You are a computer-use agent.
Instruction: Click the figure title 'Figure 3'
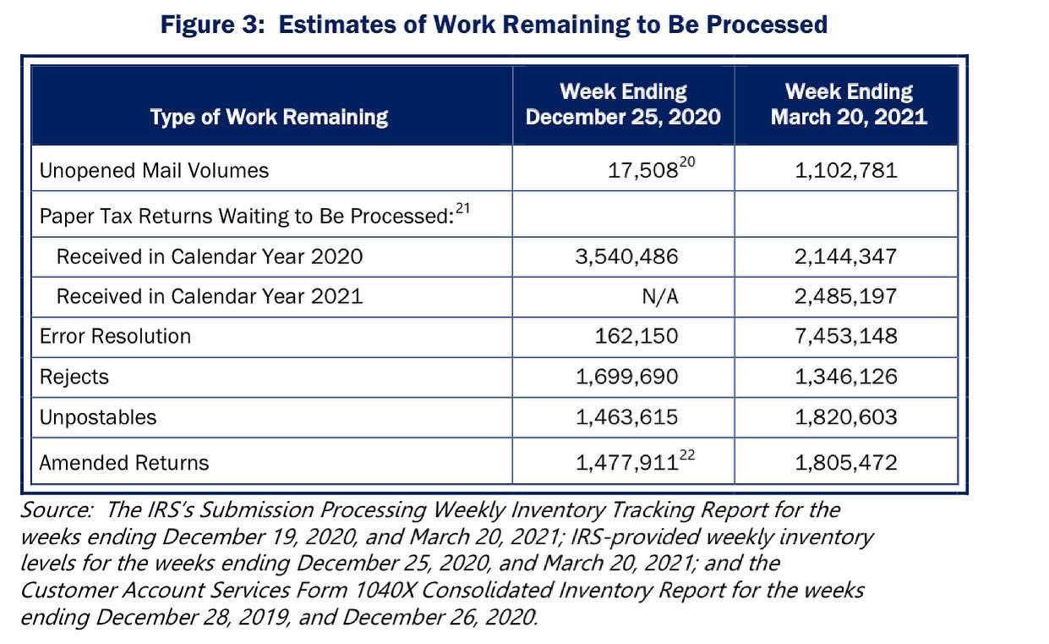coord(213,25)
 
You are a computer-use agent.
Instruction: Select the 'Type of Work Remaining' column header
coord(270,117)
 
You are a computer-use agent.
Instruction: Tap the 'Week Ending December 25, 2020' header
coord(623,104)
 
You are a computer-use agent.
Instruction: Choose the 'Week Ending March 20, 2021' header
coord(849,104)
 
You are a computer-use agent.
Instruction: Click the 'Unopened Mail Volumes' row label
coord(154,170)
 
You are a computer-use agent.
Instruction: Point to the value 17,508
coord(642,171)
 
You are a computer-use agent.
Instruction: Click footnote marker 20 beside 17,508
coord(687,162)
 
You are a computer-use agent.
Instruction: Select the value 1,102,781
coord(846,170)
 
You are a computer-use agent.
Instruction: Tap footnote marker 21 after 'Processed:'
coord(462,207)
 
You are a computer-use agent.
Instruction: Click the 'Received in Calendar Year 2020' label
coord(210,256)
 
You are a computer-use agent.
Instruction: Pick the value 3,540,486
coord(626,256)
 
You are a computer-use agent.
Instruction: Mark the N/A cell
coord(660,296)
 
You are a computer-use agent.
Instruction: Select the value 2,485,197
coord(845,296)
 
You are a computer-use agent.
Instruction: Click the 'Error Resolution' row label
coord(115,336)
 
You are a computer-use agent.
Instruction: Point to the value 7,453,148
coord(846,336)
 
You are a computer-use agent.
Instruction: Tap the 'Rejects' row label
coord(74,377)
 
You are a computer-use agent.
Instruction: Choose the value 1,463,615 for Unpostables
coord(626,417)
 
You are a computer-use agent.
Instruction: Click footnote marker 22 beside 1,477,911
coord(687,455)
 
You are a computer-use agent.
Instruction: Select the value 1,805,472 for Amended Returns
coord(846,463)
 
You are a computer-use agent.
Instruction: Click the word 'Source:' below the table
coord(57,510)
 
